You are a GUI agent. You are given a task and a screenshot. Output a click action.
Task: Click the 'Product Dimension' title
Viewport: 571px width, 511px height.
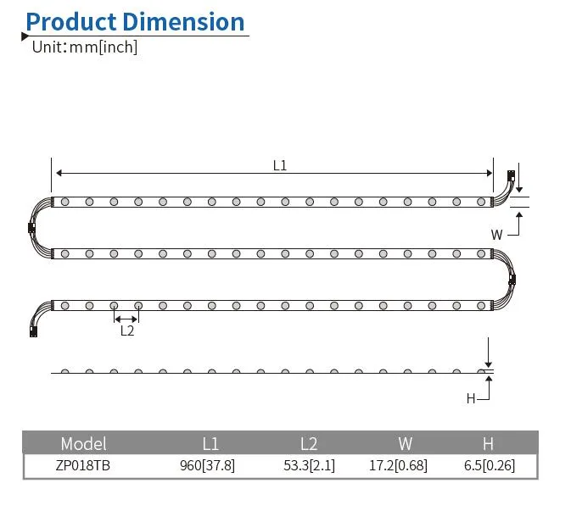click(x=135, y=21)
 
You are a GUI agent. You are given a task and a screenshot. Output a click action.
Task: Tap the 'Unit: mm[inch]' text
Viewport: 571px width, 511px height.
click(x=84, y=47)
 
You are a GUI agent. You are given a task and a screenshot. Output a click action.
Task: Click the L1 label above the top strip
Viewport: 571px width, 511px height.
click(x=280, y=166)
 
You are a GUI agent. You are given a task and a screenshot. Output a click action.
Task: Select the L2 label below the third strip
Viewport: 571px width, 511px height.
click(x=126, y=330)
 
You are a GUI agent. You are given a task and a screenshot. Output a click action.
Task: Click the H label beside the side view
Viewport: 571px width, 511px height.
click(x=471, y=398)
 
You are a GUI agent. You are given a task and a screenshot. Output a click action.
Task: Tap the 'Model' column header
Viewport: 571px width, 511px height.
click(x=84, y=443)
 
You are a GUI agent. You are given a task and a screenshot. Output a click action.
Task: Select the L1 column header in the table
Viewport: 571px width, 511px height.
click(x=210, y=443)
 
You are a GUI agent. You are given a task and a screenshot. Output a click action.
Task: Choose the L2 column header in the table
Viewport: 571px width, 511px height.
click(x=309, y=443)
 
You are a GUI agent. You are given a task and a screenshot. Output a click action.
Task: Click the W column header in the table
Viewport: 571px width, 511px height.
click(x=405, y=443)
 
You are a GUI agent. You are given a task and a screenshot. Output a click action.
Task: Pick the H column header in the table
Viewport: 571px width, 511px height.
click(x=488, y=443)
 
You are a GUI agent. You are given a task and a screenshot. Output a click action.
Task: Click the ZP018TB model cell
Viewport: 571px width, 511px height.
click(x=84, y=465)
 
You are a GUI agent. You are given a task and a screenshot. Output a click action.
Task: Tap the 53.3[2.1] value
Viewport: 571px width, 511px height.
click(x=309, y=465)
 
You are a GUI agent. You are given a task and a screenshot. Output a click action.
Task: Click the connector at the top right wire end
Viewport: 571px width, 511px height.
click(x=511, y=176)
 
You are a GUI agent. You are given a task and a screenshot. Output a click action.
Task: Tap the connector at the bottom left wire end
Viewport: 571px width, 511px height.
click(x=33, y=331)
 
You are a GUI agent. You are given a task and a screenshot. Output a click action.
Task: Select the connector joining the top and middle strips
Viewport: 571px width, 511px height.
click(x=31, y=227)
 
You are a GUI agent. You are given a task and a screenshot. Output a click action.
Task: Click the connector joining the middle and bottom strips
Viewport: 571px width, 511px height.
click(x=512, y=280)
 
